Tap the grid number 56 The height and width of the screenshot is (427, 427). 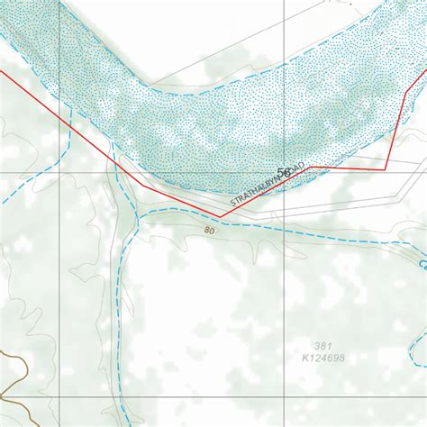pyautogui.click(x=285, y=172)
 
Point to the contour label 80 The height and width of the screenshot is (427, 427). pyautogui.click(x=210, y=231)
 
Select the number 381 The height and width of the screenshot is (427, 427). pyautogui.click(x=323, y=346)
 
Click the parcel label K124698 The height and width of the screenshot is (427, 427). pyautogui.click(x=324, y=359)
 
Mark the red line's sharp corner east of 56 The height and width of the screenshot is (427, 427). pyautogui.click(x=386, y=169)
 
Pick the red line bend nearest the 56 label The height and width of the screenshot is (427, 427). pyautogui.click(x=312, y=168)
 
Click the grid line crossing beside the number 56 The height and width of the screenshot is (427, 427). pyautogui.click(x=280, y=171)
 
